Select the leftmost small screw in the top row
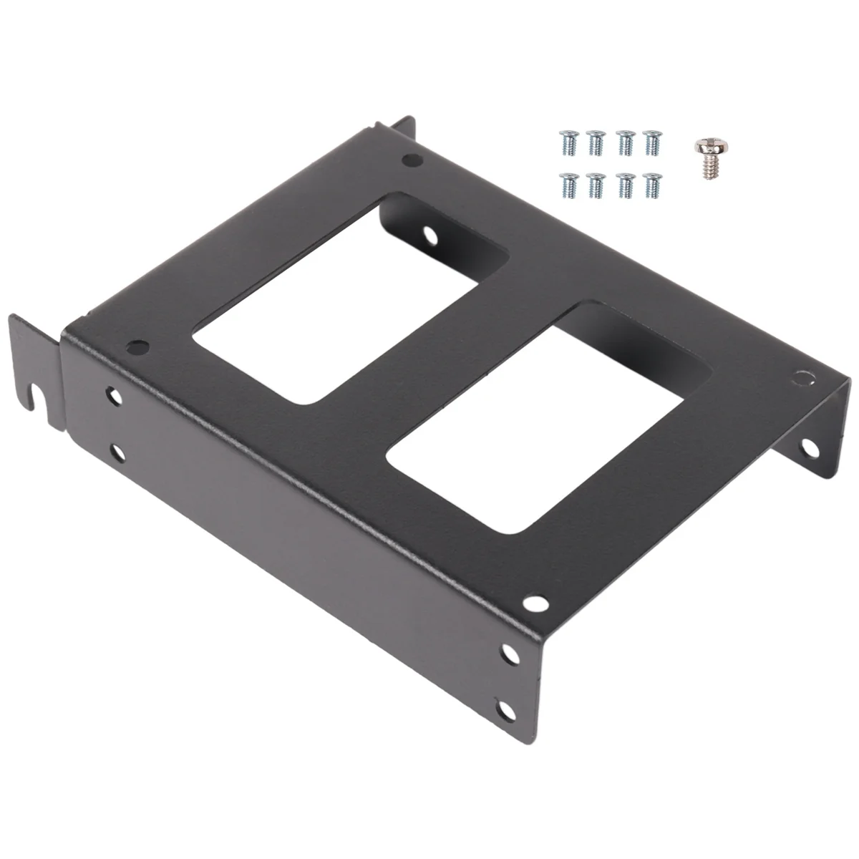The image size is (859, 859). click(x=568, y=141)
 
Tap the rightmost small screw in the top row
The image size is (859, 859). click(x=651, y=141)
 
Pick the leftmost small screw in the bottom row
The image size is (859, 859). click(x=568, y=185)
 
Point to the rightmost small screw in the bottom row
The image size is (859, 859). click(x=651, y=185)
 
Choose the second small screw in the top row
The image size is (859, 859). click(x=596, y=141)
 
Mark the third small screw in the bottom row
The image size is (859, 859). click(x=624, y=185)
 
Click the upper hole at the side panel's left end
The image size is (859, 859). click(x=114, y=394)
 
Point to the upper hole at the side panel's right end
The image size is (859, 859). click(x=509, y=653)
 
